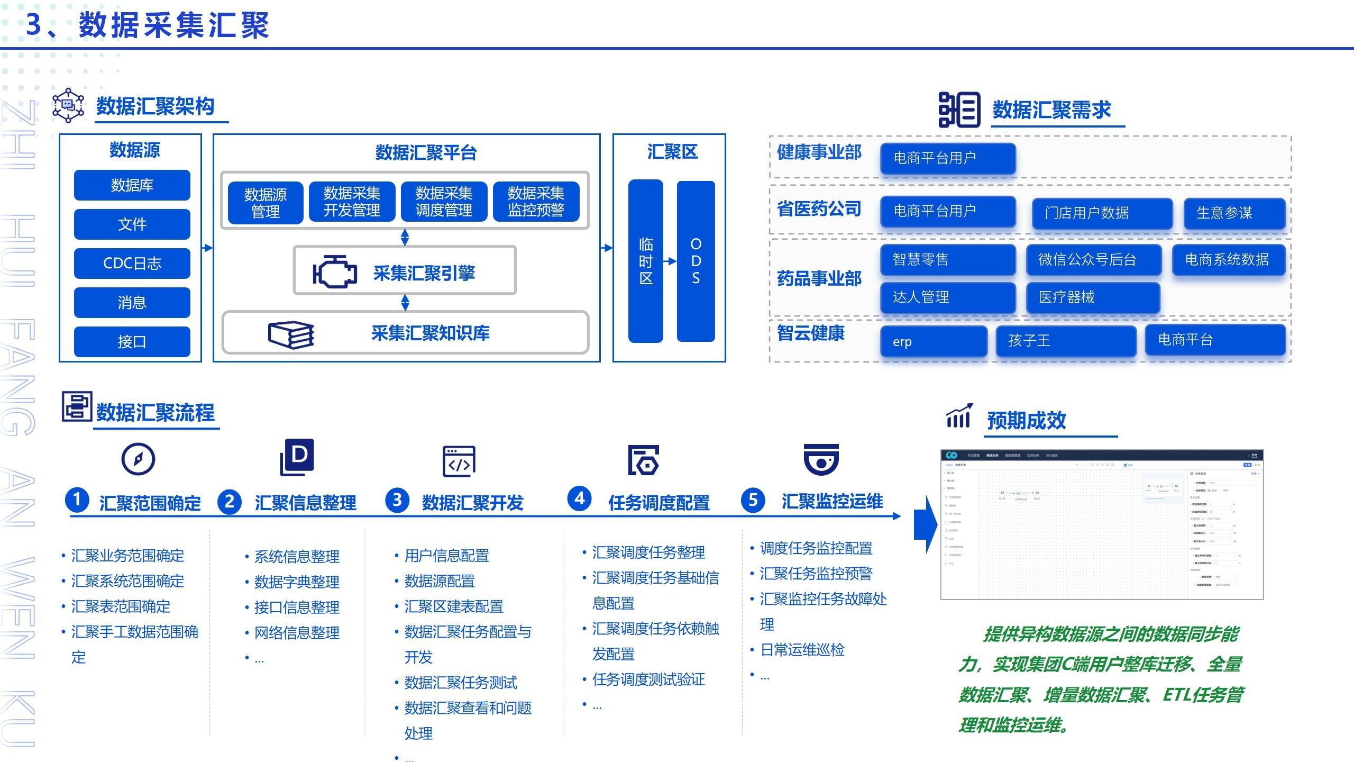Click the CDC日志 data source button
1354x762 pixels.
tap(132, 263)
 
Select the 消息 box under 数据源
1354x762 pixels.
tap(132, 302)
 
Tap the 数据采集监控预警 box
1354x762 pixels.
tap(536, 202)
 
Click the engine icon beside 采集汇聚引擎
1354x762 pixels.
tap(334, 272)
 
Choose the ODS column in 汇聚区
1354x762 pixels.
tap(696, 261)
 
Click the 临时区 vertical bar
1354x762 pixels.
tap(645, 261)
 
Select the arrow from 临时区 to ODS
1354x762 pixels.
tap(670, 261)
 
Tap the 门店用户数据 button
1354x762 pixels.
tap(1102, 213)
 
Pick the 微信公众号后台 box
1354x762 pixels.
tap(1093, 260)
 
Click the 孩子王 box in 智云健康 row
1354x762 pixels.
tap(1065, 340)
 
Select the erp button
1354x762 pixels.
tap(934, 341)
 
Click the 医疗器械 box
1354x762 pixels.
tap(1093, 297)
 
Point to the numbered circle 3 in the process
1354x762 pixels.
tap(397, 500)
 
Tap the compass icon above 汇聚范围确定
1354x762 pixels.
tap(138, 459)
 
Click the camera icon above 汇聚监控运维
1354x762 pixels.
tap(821, 459)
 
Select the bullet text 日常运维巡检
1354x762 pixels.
tap(802, 650)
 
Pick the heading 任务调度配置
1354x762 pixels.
tap(658, 502)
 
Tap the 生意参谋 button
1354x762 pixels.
tap(1234, 213)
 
